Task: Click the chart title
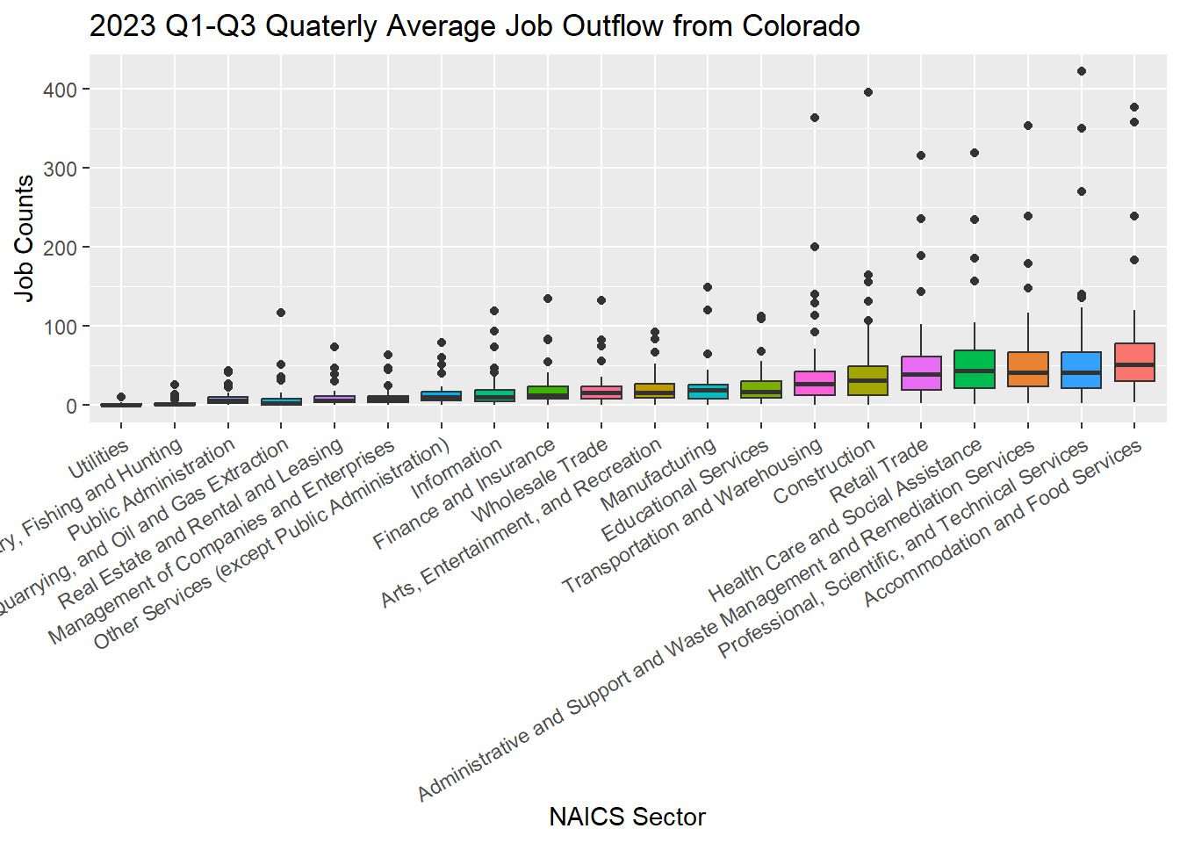pos(474,26)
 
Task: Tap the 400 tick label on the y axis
pos(60,90)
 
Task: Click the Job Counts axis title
pos(25,238)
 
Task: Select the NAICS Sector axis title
pos(627,817)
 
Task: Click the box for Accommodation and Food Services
pos(1133,362)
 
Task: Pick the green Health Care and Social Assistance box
pos(974,370)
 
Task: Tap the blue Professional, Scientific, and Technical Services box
pos(1081,370)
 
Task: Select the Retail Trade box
pos(921,373)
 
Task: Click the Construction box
pos(867,380)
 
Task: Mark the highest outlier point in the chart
pos(1081,71)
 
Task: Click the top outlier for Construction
pos(867,92)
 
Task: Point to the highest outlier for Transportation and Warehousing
pos(815,118)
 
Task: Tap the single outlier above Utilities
pos(121,397)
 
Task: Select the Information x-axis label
pos(457,468)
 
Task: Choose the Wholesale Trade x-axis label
pos(541,479)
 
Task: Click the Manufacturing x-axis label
pos(658,475)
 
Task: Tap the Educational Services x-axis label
pos(686,492)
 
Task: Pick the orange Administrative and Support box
pos(1027,369)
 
